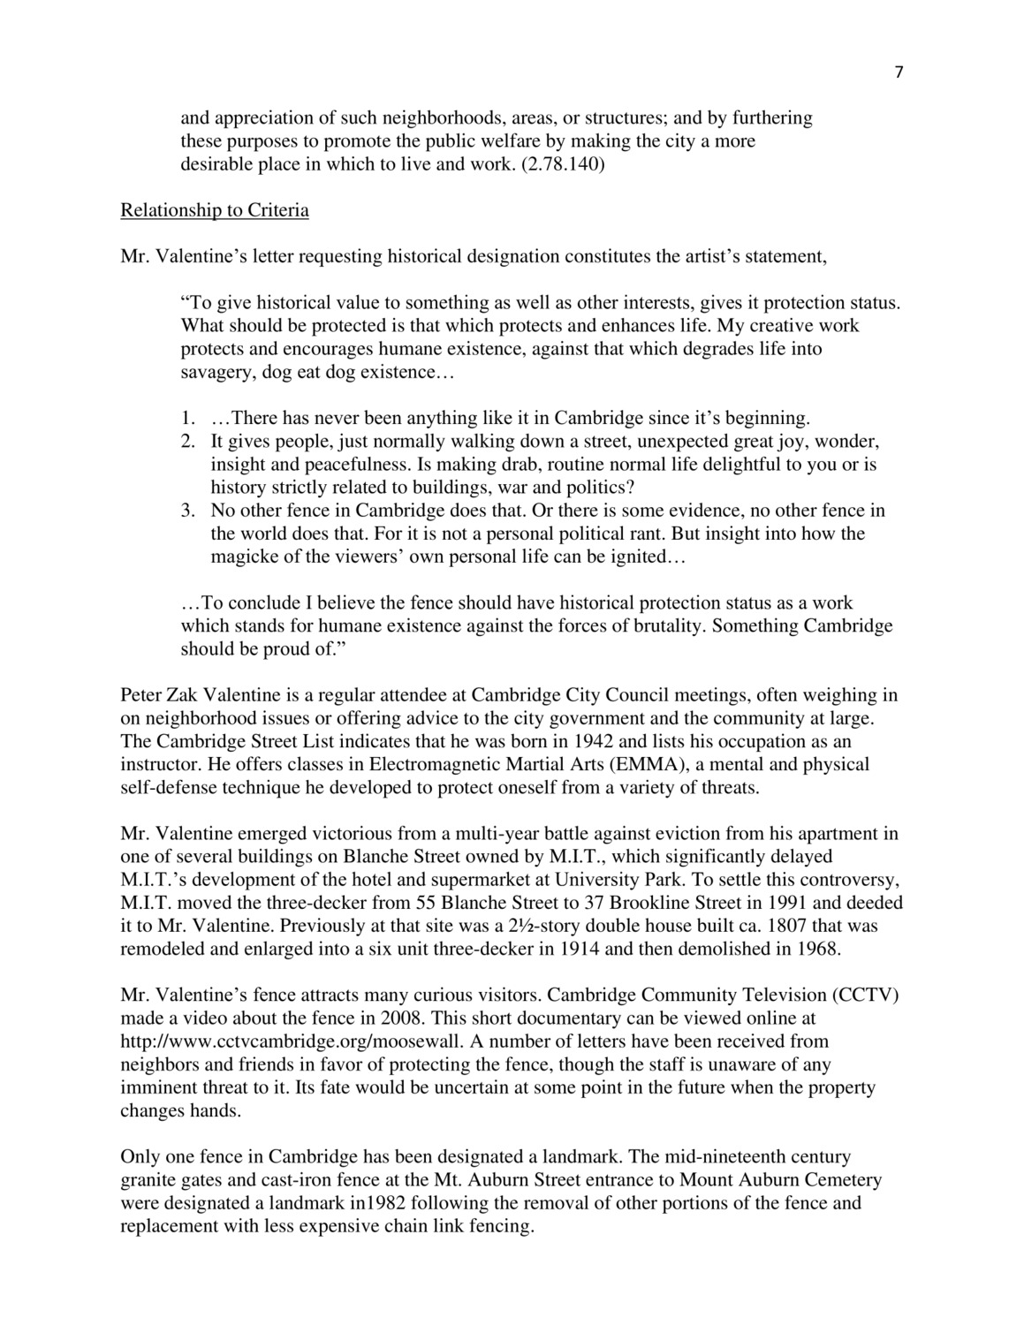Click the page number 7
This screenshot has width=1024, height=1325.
point(899,73)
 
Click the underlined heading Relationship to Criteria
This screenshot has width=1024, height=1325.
point(215,210)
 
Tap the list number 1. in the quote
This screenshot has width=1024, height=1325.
point(188,418)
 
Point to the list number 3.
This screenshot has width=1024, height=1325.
point(188,511)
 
